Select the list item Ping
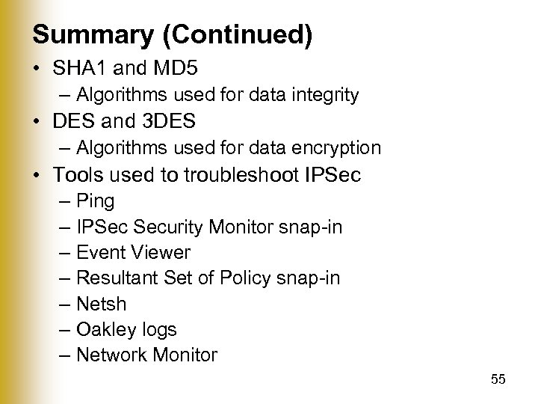(96, 201)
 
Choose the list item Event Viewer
(133, 253)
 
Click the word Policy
(247, 278)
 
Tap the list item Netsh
(101, 304)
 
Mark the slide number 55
(498, 380)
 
